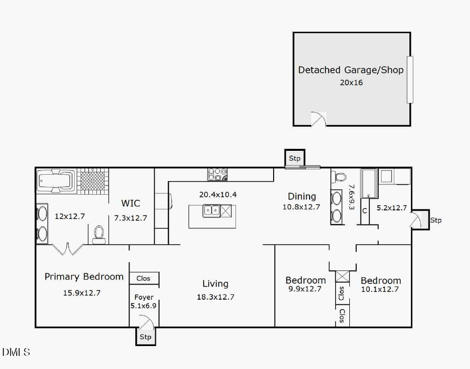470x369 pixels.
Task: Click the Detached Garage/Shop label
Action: (x=350, y=70)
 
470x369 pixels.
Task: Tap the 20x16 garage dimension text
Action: (x=350, y=82)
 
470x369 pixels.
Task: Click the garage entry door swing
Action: (x=319, y=120)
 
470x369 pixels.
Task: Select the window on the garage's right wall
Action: (x=410, y=79)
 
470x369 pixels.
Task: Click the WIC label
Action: (x=131, y=203)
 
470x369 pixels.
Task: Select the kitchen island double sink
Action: (x=211, y=211)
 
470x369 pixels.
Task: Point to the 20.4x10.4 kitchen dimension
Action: (x=218, y=195)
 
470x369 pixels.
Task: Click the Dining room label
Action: (x=302, y=197)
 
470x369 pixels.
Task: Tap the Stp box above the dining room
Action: (x=295, y=158)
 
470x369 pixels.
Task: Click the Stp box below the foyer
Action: (x=145, y=337)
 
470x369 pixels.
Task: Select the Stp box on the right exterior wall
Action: (x=436, y=220)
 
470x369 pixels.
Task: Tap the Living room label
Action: (x=215, y=284)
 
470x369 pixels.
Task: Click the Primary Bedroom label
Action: (x=84, y=277)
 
